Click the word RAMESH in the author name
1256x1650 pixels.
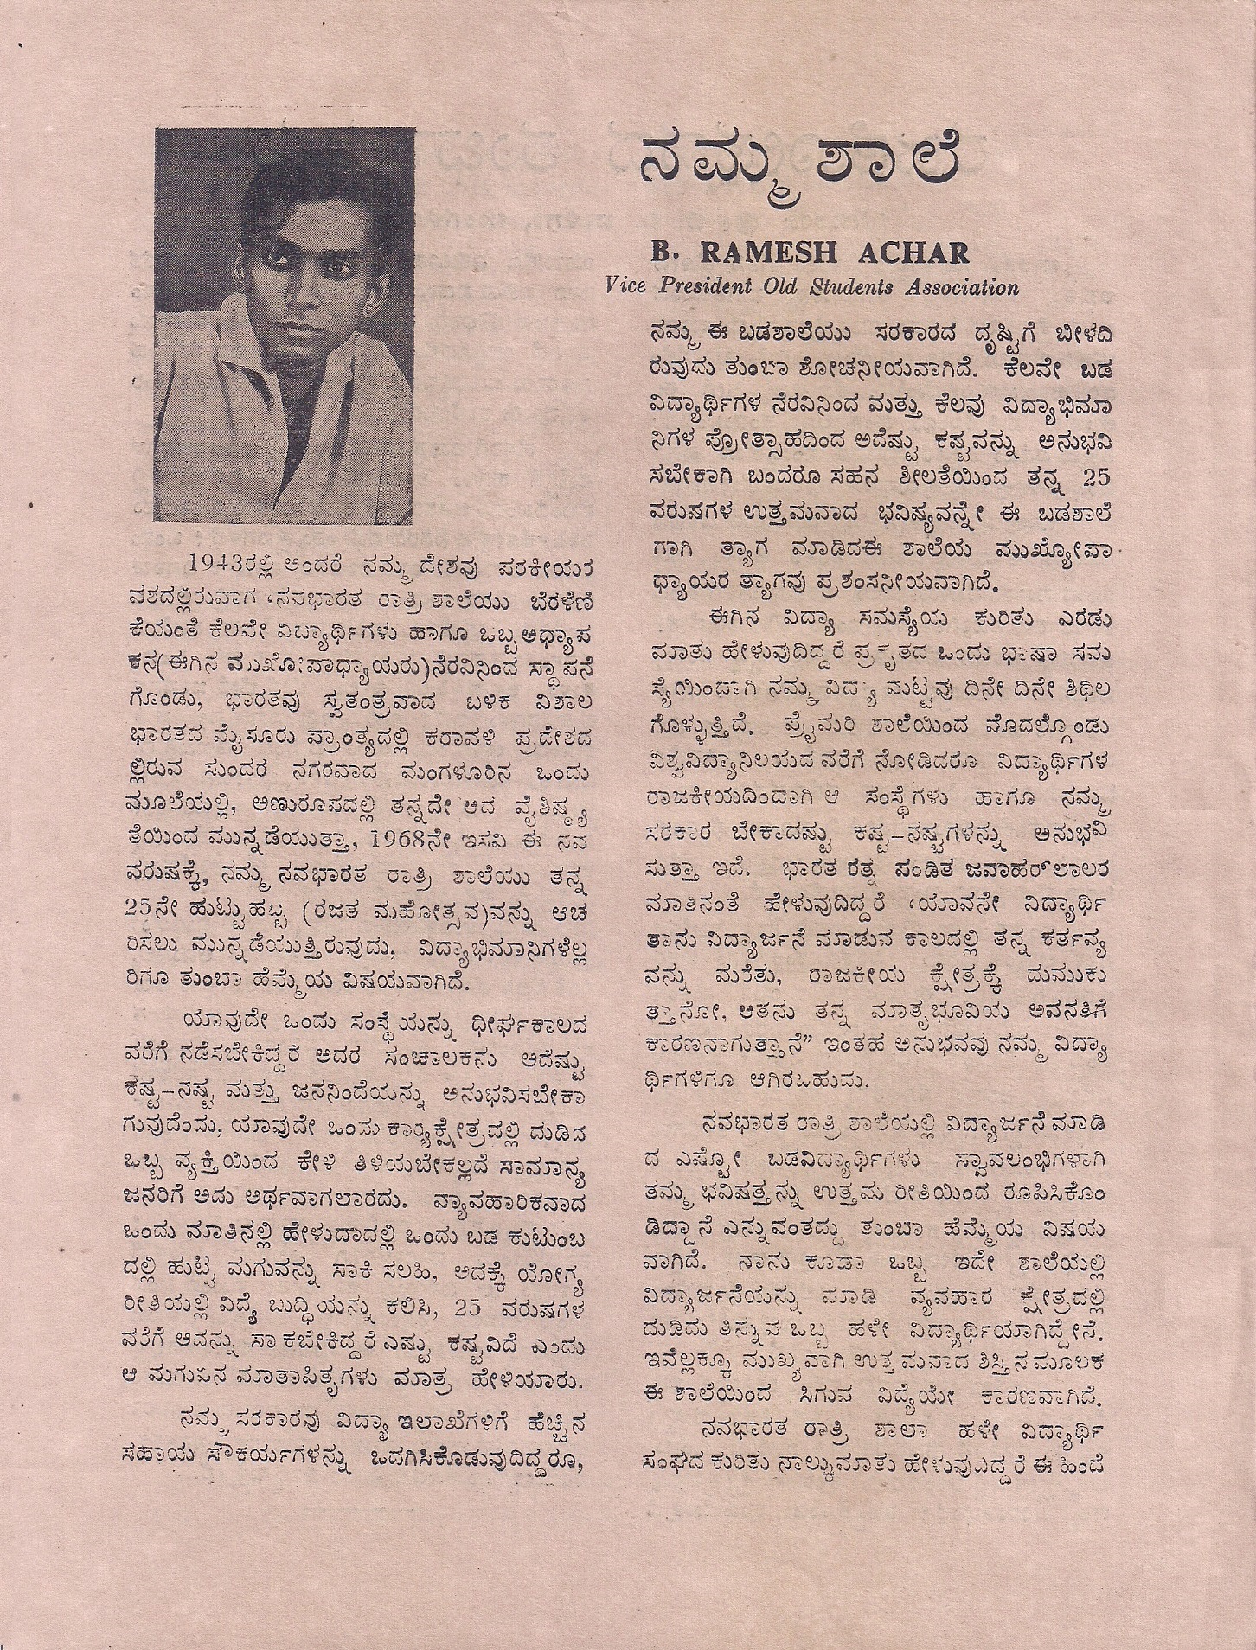tap(804, 254)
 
